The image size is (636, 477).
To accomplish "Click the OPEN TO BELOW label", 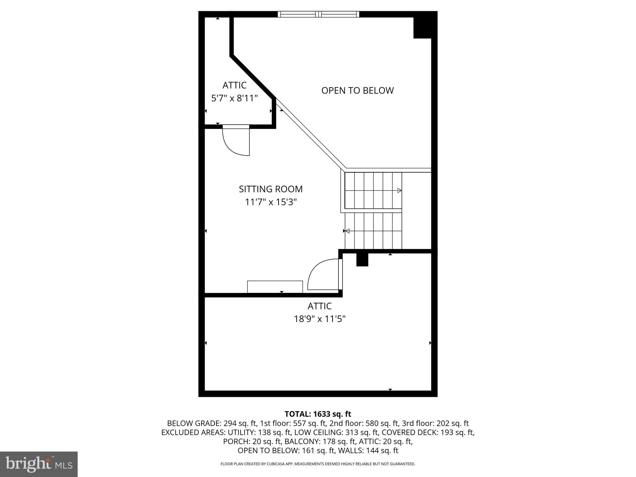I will pyautogui.click(x=357, y=90).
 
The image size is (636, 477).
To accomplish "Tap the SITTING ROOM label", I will pyautogui.click(x=270, y=189).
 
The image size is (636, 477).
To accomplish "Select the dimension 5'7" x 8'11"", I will pyautogui.click(x=234, y=98).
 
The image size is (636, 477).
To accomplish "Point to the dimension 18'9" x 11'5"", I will pyautogui.click(x=320, y=319).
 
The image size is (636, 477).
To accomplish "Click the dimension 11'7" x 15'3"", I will pyautogui.click(x=271, y=202).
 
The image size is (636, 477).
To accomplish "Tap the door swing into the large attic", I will pyautogui.click(x=323, y=275).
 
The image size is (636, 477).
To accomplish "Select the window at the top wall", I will pyautogui.click(x=318, y=14).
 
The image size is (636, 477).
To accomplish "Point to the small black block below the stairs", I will pyautogui.click(x=362, y=260).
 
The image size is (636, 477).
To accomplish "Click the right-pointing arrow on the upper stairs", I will pyautogui.click(x=399, y=190).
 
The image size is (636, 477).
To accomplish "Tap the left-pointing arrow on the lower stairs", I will pyautogui.click(x=348, y=231).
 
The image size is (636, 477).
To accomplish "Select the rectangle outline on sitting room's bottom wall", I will pyautogui.click(x=275, y=287).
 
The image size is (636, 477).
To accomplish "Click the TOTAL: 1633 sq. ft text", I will pyautogui.click(x=318, y=414).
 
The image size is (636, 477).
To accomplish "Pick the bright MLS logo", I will pyautogui.click(x=39, y=464).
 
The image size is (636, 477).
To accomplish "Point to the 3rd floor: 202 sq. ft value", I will pyautogui.click(x=435, y=423).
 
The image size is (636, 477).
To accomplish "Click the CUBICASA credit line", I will pyautogui.click(x=318, y=464).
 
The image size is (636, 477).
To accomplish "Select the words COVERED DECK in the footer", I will pyautogui.click(x=410, y=432).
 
